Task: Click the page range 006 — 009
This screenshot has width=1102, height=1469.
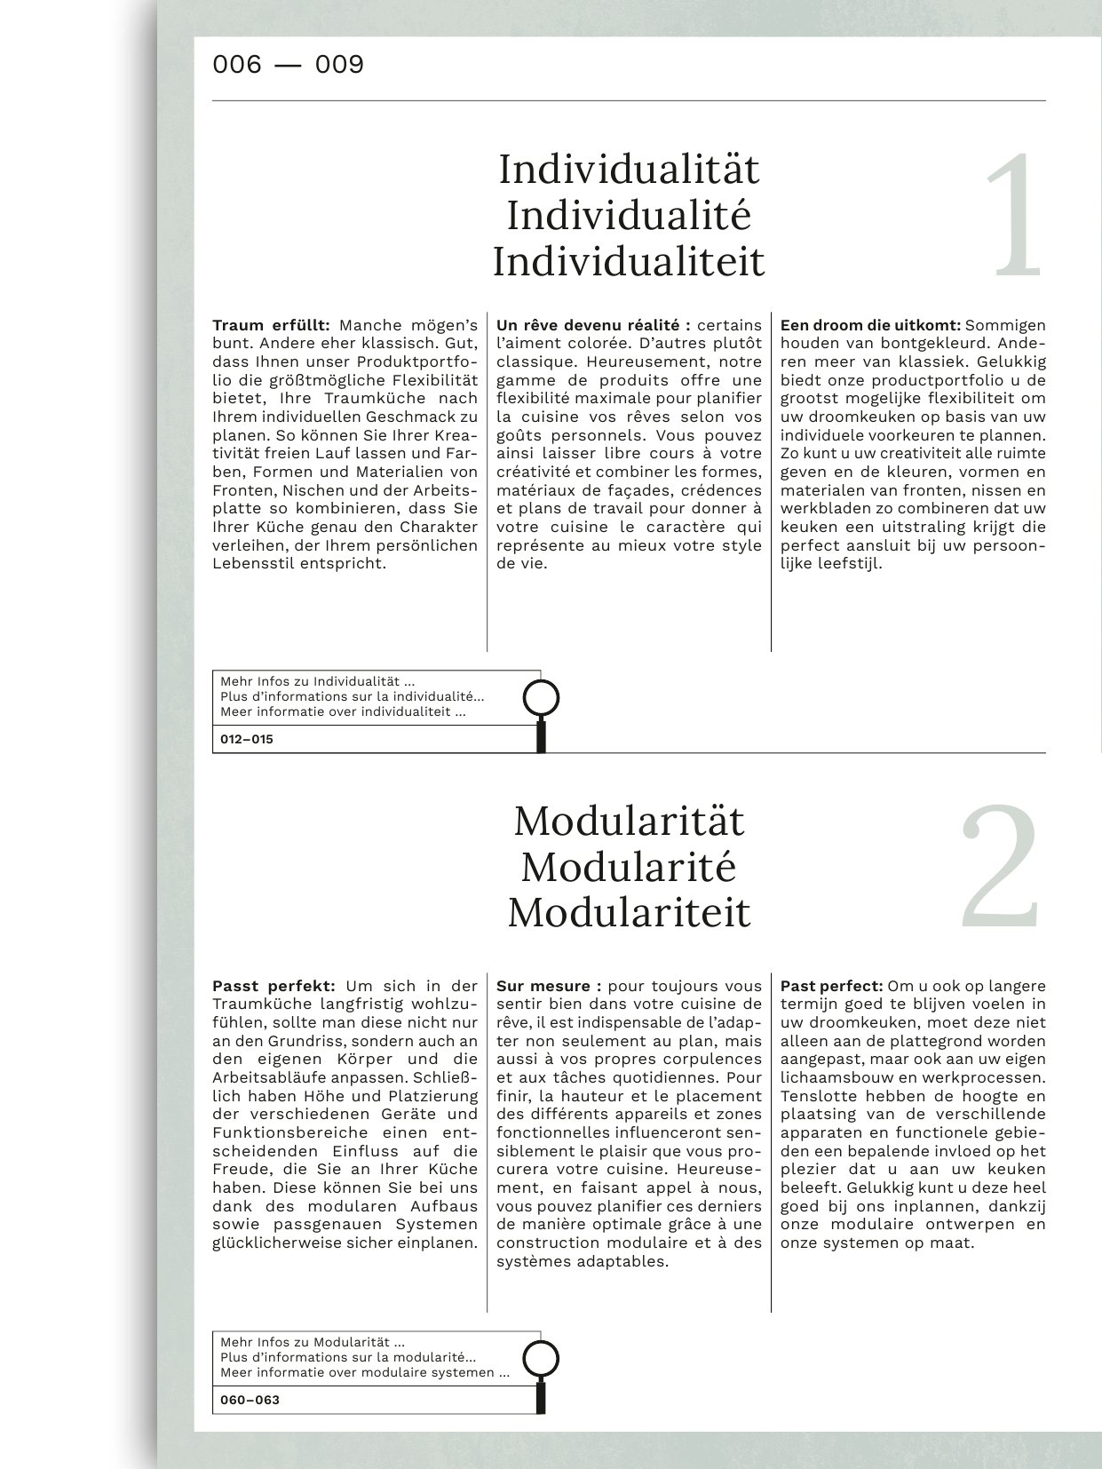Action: tap(288, 65)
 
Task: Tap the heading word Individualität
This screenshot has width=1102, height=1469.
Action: tap(629, 170)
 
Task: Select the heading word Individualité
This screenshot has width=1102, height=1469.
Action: tap(629, 216)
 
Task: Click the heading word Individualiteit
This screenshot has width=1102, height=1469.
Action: tap(629, 262)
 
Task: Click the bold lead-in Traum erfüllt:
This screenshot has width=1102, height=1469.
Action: tap(271, 325)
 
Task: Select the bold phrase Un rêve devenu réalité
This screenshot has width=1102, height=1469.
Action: tap(588, 325)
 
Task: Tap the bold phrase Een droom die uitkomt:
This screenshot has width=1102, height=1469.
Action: tap(870, 325)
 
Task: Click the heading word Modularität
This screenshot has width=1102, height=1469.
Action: tap(629, 821)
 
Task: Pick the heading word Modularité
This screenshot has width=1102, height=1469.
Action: tap(629, 867)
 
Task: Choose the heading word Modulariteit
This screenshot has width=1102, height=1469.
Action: tap(629, 913)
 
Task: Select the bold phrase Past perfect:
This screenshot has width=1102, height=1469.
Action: tap(831, 986)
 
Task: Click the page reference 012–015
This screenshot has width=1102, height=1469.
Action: tap(247, 739)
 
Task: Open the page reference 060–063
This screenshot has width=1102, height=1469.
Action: tap(250, 1400)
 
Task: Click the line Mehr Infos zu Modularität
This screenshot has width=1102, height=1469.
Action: tap(313, 1343)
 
